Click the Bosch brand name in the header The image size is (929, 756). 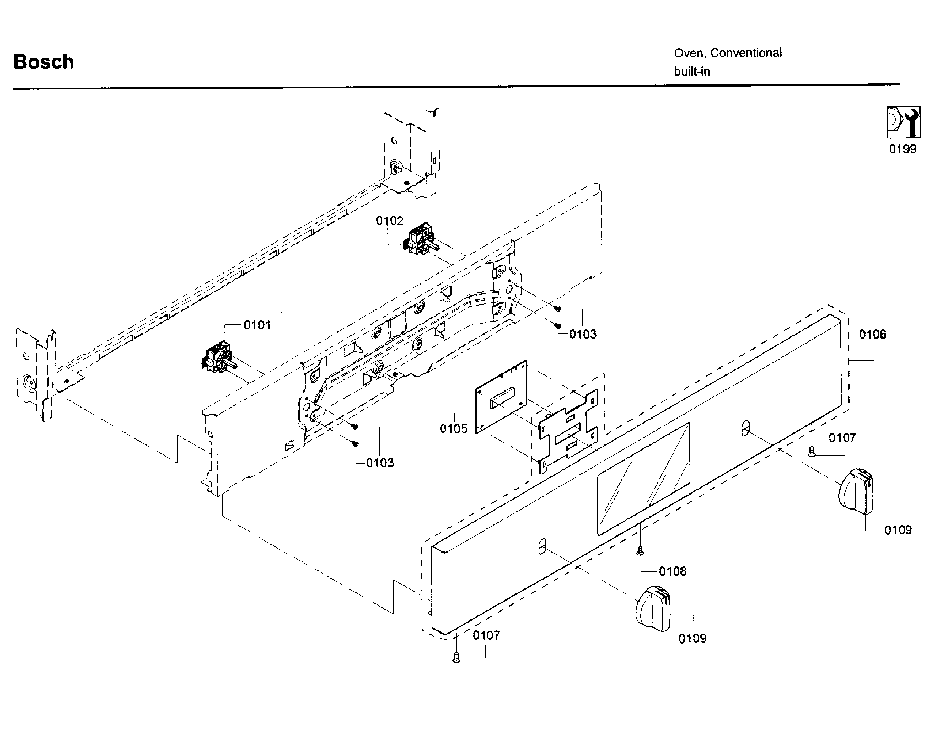pyautogui.click(x=43, y=62)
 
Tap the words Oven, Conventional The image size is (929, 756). pyautogui.click(x=727, y=53)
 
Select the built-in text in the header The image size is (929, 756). pyautogui.click(x=692, y=72)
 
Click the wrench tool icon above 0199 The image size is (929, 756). pyautogui.click(x=903, y=122)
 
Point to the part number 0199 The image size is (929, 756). pyautogui.click(x=902, y=149)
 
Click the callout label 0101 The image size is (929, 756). pyautogui.click(x=257, y=325)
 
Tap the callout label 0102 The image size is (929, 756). pyautogui.click(x=390, y=221)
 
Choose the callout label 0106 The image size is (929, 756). pyautogui.click(x=872, y=335)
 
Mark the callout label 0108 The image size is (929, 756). pyautogui.click(x=672, y=571)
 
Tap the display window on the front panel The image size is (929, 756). pyautogui.click(x=643, y=478)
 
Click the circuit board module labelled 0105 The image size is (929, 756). pyautogui.click(x=501, y=396)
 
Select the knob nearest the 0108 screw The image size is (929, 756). pyautogui.click(x=652, y=608)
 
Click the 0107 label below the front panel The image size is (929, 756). pyautogui.click(x=486, y=635)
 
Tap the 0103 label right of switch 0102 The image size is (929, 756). pyautogui.click(x=583, y=334)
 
